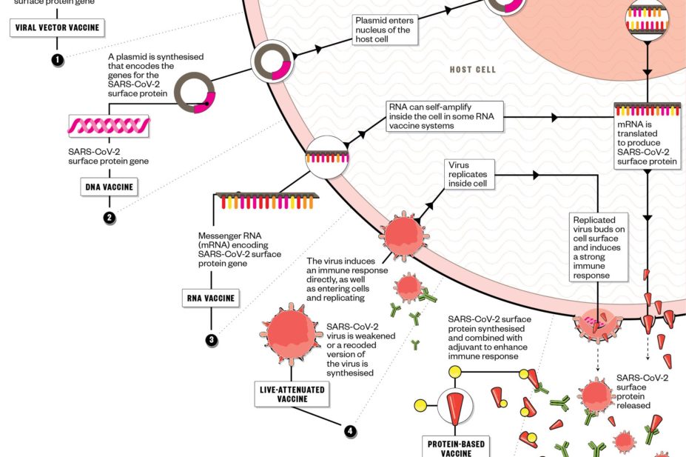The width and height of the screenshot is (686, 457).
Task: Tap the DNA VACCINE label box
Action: pyautogui.click(x=109, y=187)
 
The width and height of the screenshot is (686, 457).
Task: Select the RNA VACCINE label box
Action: pyautogui.click(x=211, y=299)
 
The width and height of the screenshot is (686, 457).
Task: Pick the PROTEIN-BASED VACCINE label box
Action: pyautogui.click(x=457, y=447)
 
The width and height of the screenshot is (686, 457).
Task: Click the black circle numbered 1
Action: pyautogui.click(x=57, y=60)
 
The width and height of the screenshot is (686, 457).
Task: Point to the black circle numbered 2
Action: pyautogui.click(x=109, y=218)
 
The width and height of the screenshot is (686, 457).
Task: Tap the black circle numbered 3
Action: pyautogui.click(x=211, y=340)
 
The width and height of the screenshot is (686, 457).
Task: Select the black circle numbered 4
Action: pyautogui.click(x=349, y=430)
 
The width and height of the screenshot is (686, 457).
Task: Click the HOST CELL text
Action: pyautogui.click(x=472, y=70)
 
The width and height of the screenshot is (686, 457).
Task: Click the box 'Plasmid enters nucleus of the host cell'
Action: pyautogui.click(x=385, y=30)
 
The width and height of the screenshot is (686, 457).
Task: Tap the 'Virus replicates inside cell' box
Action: pyautogui.click(x=469, y=174)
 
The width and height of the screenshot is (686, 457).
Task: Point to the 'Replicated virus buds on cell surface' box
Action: pyautogui.click(x=599, y=247)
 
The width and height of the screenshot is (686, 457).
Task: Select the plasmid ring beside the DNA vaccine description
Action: pyautogui.click(x=194, y=93)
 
